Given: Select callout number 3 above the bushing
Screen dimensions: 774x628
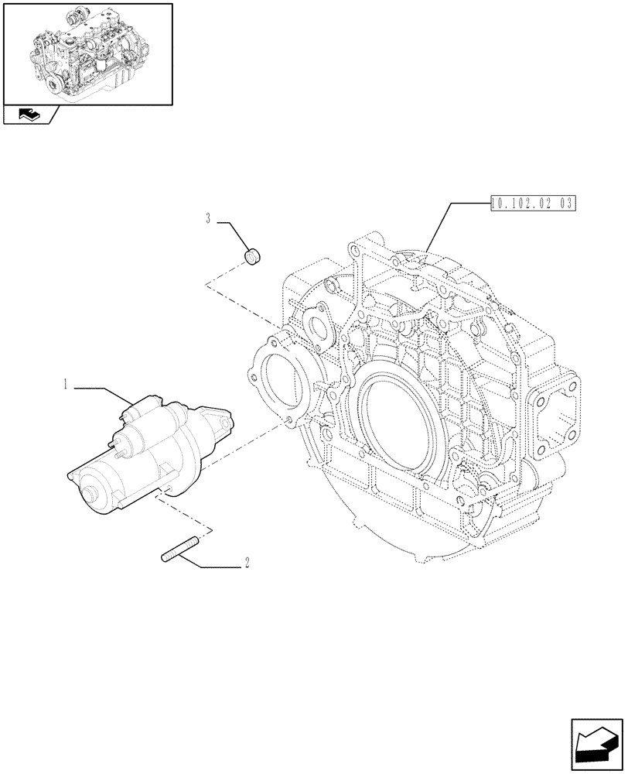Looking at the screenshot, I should point(209,219).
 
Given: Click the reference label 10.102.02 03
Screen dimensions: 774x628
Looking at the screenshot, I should point(534,204).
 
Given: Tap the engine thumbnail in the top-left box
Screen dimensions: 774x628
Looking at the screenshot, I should point(87,53).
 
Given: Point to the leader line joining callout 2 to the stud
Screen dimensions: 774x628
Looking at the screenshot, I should point(213,567).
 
